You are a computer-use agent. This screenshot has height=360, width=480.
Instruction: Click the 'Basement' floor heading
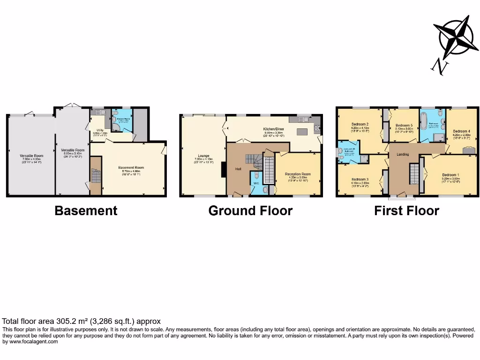pos(86,210)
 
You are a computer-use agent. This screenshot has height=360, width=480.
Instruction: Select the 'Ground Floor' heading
pos(250,210)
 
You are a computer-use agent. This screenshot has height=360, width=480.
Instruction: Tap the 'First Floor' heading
pos(406,210)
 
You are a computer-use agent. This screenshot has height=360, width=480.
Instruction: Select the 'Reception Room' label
pos(298,174)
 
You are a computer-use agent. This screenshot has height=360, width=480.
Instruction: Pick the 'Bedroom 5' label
pos(404,126)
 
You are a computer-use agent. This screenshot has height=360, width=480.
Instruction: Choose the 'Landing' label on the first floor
pos(402,154)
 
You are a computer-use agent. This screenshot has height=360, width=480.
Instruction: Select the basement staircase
pos(96,178)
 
